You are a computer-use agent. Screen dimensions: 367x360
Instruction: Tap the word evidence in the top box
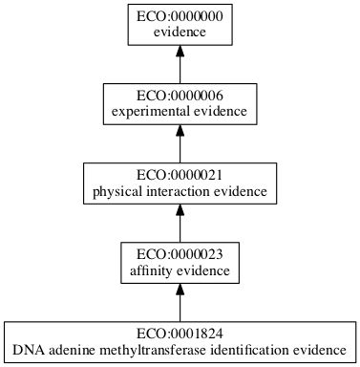coord(180,32)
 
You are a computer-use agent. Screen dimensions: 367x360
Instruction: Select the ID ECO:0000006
coord(180,96)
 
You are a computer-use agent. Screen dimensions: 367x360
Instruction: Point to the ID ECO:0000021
coord(180,176)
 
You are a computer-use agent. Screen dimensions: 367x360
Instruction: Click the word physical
coord(115,192)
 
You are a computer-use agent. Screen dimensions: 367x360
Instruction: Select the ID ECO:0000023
coord(180,255)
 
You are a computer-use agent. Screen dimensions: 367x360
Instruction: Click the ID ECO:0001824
coord(180,335)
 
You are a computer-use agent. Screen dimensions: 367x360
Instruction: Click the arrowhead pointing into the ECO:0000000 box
coord(180,54)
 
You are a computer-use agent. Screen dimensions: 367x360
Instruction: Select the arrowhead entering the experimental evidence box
coord(180,135)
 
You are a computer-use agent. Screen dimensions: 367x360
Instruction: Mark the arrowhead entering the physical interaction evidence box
coord(180,214)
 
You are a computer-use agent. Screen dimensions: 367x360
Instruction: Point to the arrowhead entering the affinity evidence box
coord(180,294)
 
